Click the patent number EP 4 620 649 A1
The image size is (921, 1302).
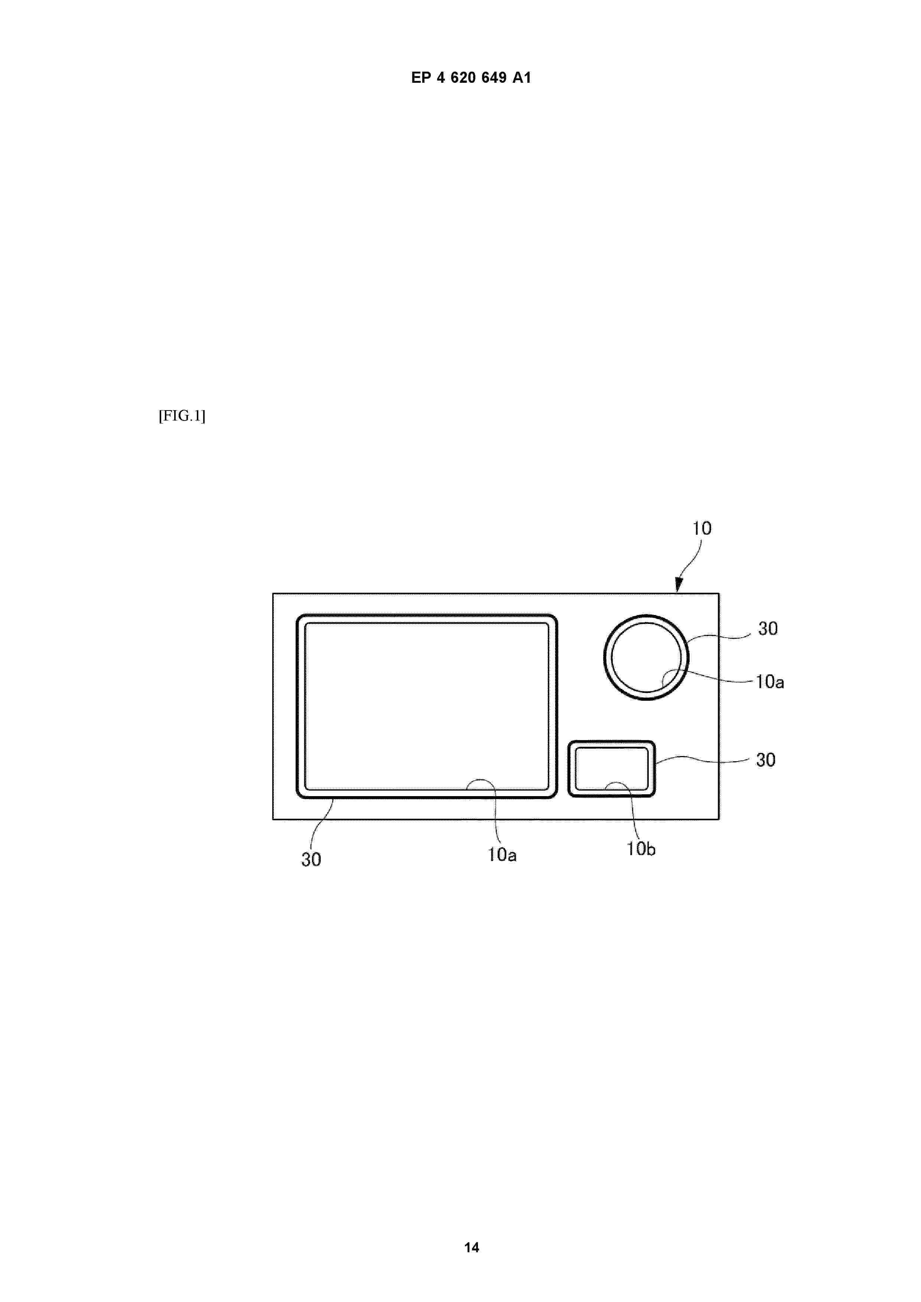click(471, 78)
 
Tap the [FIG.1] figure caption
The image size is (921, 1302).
click(182, 416)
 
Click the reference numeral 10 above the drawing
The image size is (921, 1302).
click(702, 529)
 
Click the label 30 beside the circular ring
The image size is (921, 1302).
click(768, 628)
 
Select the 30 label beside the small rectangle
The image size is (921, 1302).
click(765, 760)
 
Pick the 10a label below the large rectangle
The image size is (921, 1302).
click(502, 855)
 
